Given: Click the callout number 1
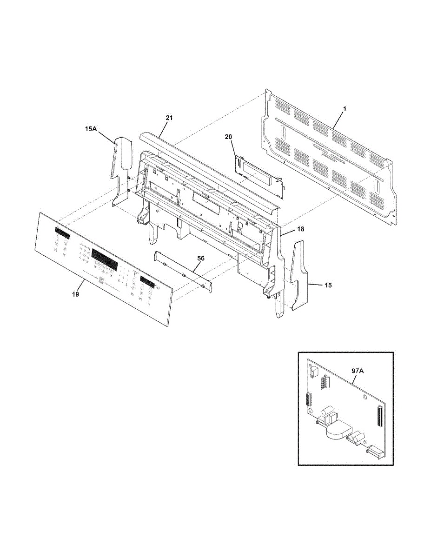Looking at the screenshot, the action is click(x=345, y=108).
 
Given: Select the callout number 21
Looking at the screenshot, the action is click(x=169, y=118).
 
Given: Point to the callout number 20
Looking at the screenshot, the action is click(x=228, y=137).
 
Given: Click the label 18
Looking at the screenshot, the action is click(x=288, y=230).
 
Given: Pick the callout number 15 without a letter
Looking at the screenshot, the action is click(x=328, y=285).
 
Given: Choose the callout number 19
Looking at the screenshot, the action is click(x=76, y=294).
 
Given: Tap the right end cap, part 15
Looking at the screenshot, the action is click(x=299, y=274).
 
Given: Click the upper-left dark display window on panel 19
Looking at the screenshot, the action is click(x=63, y=231).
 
